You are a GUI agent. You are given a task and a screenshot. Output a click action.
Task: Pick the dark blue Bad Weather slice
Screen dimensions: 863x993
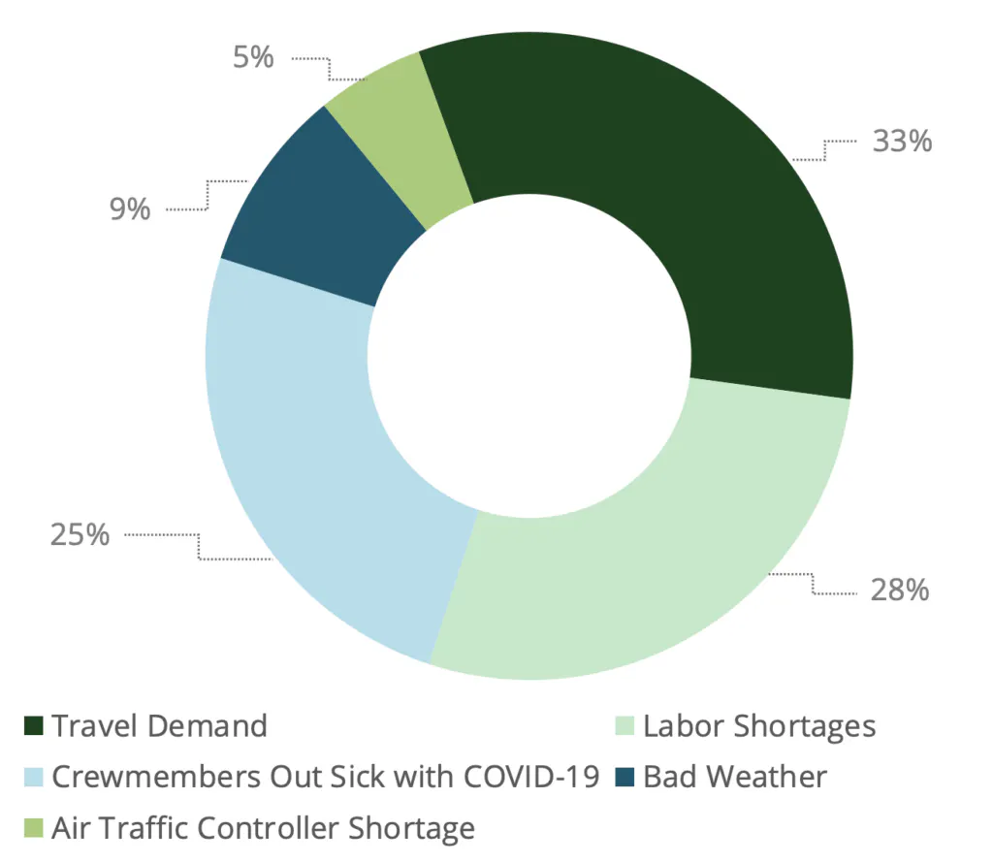point(310,213)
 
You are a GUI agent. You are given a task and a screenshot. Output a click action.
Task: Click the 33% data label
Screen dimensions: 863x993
point(902,142)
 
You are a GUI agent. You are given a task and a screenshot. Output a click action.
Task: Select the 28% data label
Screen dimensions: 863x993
point(900,590)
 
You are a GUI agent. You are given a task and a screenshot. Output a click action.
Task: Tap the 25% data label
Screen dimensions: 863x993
point(80,534)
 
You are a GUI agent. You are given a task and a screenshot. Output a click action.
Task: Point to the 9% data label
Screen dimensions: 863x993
point(130,208)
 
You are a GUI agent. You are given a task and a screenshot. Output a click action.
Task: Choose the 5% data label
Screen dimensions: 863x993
point(253,58)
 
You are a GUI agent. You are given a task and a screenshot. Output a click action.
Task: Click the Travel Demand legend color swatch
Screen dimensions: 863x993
point(34,726)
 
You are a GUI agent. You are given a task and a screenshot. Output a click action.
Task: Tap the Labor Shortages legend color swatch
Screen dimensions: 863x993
point(625,726)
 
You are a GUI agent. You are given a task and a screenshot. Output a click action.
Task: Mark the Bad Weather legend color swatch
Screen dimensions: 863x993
point(625,778)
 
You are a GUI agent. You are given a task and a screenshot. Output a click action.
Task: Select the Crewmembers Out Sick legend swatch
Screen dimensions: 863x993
point(34,778)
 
